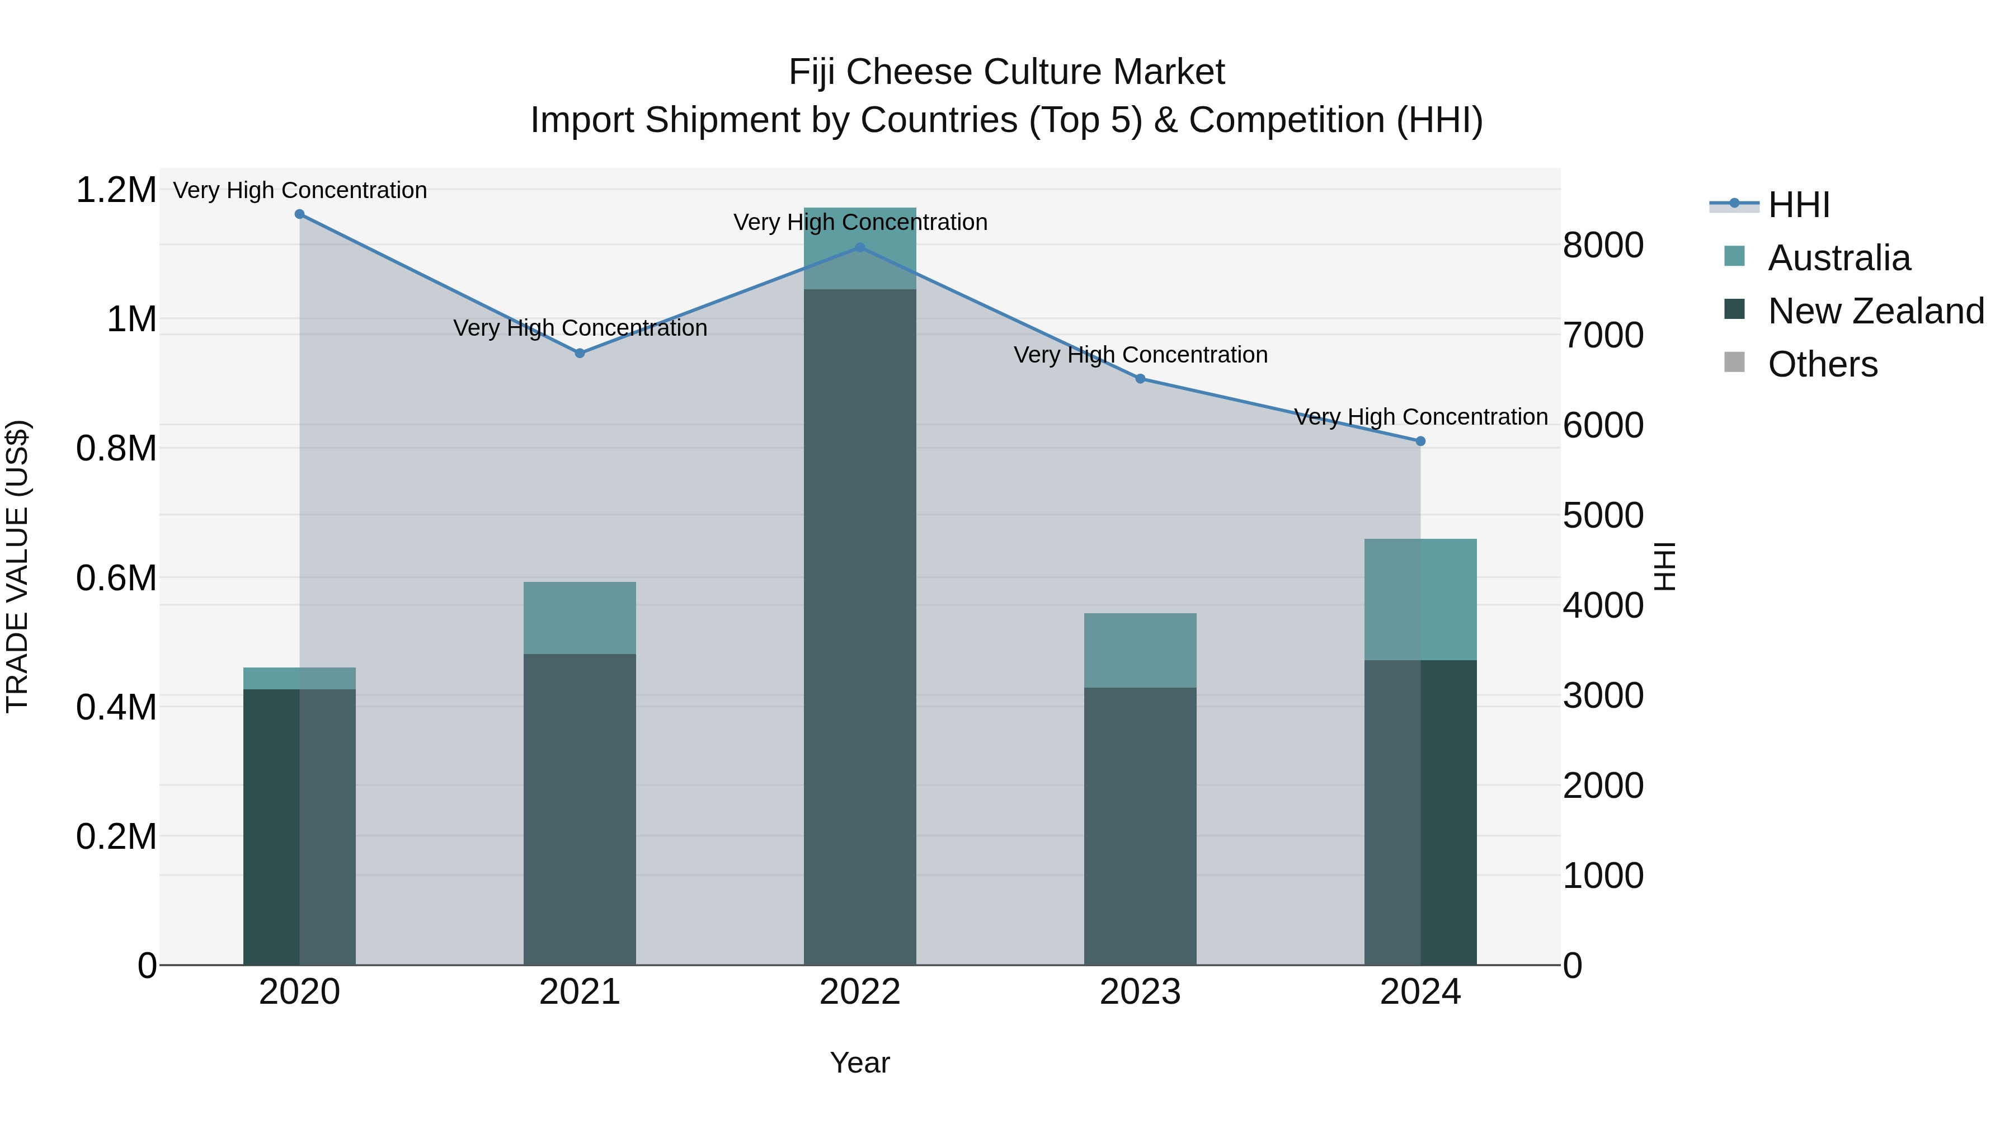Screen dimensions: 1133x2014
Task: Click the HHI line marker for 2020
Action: point(299,214)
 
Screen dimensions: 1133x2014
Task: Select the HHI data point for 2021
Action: point(580,354)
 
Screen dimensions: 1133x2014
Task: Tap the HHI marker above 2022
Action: point(860,248)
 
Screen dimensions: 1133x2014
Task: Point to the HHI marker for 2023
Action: point(1140,379)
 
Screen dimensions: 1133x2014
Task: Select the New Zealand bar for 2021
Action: point(580,809)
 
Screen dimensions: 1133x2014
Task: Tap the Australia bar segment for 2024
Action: point(1420,600)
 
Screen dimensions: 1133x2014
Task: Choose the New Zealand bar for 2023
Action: point(1140,826)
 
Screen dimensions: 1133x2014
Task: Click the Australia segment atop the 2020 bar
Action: point(299,679)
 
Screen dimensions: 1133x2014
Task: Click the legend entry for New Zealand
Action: point(1876,311)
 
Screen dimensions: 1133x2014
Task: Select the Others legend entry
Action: point(1823,364)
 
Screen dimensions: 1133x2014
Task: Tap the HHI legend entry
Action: point(1798,205)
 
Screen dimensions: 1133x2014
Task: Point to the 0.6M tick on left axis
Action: point(116,579)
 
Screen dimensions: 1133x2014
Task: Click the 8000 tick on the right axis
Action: point(1603,246)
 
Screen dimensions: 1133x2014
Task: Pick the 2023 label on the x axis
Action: point(1140,992)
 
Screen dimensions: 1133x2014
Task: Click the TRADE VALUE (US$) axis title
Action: point(18,567)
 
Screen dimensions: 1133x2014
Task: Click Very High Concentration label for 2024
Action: point(1420,417)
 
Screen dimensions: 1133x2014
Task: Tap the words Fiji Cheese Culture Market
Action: point(1006,72)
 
